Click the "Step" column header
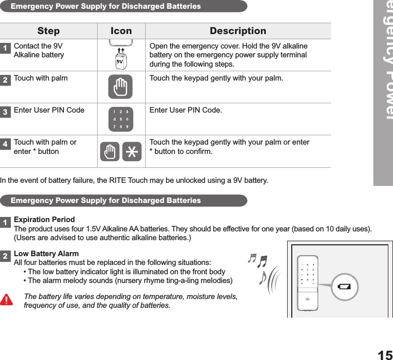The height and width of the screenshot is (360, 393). [49, 31]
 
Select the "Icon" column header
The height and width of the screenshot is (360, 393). [121, 31]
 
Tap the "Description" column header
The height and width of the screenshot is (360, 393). [238, 31]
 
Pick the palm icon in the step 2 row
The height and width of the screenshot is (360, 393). [120, 86]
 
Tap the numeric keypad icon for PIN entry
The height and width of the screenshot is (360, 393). [121, 119]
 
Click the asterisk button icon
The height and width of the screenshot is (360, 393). [132, 152]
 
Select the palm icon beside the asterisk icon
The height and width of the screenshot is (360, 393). [109, 152]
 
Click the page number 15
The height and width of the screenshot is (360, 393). [384, 355]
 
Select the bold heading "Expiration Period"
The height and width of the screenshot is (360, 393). [44, 220]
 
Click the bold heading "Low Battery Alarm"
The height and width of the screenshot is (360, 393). [46, 254]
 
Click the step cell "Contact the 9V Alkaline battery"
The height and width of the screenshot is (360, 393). [39, 51]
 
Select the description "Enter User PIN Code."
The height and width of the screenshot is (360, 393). [186, 110]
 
